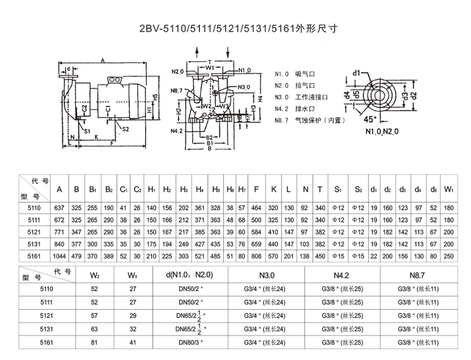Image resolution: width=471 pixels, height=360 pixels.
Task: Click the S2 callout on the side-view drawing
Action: pyautogui.click(x=125, y=129)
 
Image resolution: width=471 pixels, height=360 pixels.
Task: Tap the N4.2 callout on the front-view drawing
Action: pyautogui.click(x=176, y=131)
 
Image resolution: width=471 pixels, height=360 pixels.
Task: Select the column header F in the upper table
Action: pyautogui.click(x=257, y=189)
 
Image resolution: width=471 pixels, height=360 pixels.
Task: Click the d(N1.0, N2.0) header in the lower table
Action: pyautogui.click(x=186, y=275)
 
